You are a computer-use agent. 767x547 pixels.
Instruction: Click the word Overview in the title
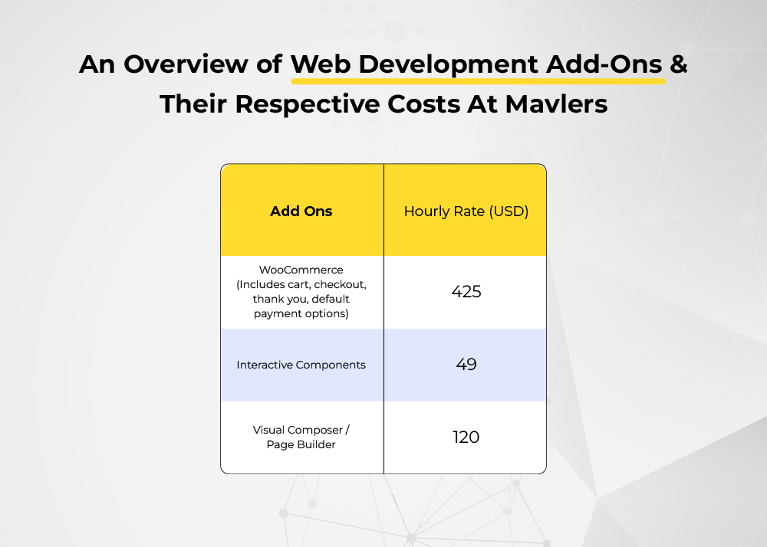click(x=186, y=64)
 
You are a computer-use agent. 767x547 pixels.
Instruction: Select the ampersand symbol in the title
click(x=679, y=64)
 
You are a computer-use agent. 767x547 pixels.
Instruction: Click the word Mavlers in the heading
click(x=556, y=104)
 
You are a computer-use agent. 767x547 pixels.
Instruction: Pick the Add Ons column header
click(x=301, y=211)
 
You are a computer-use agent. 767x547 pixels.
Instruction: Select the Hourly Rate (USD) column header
click(x=466, y=211)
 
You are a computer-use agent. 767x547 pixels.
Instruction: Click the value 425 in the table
click(x=466, y=292)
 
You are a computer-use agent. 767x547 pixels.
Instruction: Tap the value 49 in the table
click(x=466, y=365)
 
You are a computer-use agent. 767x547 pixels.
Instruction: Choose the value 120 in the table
click(x=466, y=437)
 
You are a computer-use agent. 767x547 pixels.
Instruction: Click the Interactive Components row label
click(x=301, y=365)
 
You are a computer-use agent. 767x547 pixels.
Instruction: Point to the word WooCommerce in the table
click(x=301, y=270)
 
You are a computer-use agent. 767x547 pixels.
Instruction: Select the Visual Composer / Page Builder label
click(x=301, y=437)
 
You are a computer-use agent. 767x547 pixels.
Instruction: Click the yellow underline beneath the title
click(x=479, y=81)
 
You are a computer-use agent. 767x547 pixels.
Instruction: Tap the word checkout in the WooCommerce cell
click(x=340, y=284)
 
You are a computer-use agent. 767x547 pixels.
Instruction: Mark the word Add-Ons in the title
click(x=604, y=64)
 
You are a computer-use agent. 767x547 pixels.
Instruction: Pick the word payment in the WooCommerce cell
click(x=273, y=314)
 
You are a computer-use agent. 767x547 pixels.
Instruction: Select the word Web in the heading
click(x=321, y=64)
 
